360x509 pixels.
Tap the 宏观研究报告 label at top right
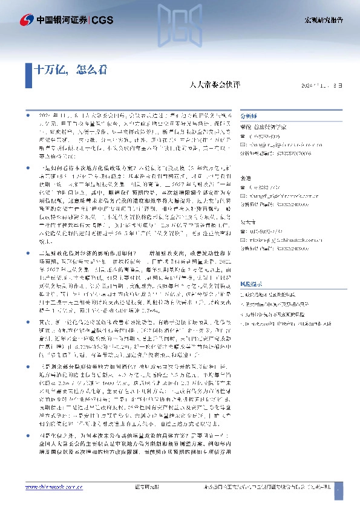point(324,20)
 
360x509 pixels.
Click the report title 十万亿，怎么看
point(71,68)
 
